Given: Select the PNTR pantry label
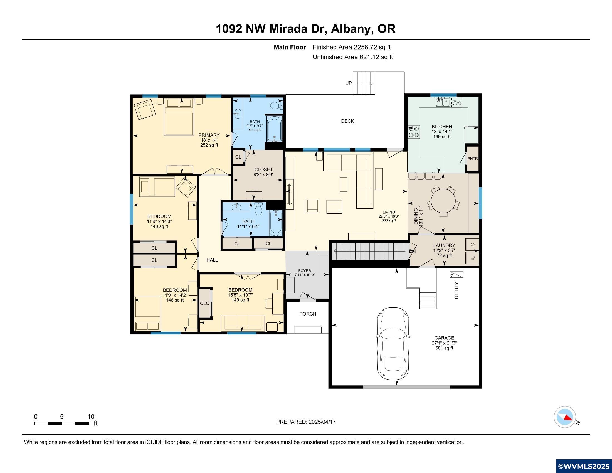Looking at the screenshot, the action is coord(472,159).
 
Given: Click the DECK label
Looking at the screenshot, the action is coord(347,121).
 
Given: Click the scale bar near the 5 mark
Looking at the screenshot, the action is coord(62,423).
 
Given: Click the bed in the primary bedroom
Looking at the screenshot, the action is coord(179,117).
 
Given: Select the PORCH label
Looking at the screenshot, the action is coord(308,314).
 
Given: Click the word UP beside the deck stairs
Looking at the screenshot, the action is coord(348,83).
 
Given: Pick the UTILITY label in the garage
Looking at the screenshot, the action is coord(456,290).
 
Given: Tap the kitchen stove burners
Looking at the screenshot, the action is coord(414,132).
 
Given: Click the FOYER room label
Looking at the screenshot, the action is coord(305,271).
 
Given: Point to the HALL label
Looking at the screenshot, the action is coord(212,260).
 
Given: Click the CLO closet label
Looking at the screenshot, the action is coord(204,303).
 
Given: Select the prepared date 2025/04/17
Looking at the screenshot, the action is coord(322,422).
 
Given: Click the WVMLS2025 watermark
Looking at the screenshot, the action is coord(584,466).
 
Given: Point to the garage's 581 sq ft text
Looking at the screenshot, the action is coord(444,348).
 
